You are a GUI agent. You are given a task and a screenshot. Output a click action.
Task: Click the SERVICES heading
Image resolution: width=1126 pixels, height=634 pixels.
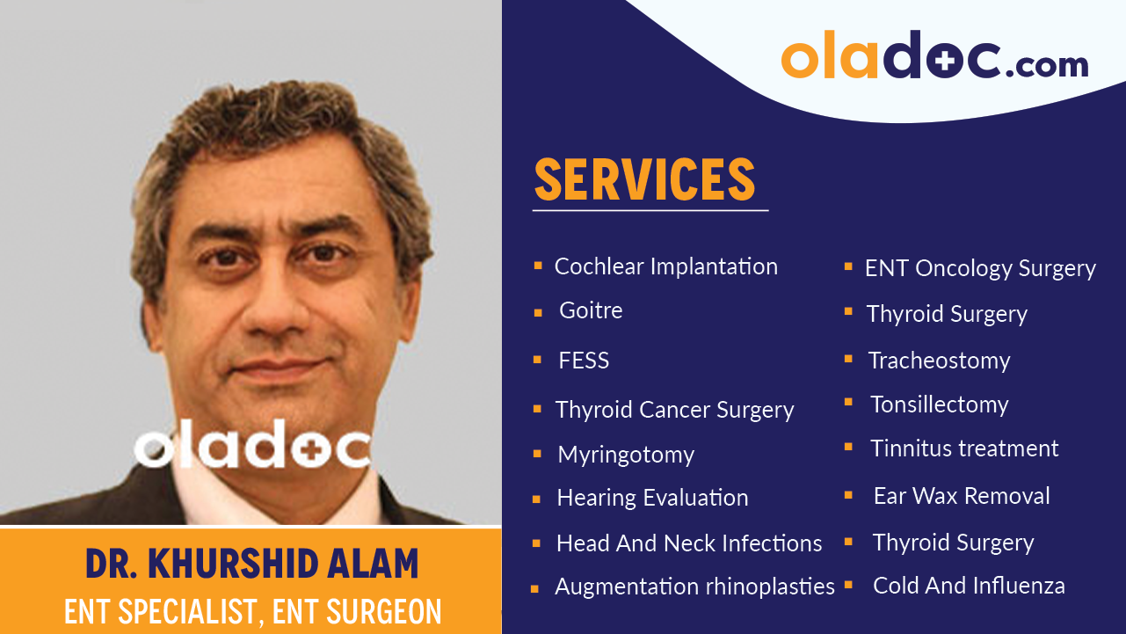[644, 179]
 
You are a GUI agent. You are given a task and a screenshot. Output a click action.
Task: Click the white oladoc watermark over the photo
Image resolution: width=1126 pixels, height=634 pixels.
[252, 446]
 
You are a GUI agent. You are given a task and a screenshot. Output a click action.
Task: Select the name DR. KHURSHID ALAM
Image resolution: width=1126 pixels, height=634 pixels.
[252, 564]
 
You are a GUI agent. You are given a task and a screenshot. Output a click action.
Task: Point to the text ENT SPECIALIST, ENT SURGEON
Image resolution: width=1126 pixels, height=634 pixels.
[252, 610]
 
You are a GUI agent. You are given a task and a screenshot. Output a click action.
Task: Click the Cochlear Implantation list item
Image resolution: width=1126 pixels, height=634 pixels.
[665, 266]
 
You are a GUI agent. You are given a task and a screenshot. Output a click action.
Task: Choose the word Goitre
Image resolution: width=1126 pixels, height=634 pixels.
[591, 310]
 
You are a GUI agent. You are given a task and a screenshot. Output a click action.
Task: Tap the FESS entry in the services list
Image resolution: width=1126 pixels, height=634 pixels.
[584, 361]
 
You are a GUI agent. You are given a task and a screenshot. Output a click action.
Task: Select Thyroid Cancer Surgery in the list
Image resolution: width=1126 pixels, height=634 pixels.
[674, 410]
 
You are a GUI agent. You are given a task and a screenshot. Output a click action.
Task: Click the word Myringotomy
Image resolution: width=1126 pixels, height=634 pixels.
[626, 455]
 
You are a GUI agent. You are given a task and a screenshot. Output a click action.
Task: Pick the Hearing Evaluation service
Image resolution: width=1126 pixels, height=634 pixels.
[652, 498]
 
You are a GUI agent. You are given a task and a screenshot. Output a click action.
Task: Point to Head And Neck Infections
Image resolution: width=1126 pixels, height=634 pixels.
[689, 543]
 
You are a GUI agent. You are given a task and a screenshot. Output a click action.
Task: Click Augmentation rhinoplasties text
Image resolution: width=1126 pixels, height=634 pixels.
[694, 587]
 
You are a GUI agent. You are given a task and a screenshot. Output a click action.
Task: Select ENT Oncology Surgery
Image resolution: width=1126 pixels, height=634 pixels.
[980, 268]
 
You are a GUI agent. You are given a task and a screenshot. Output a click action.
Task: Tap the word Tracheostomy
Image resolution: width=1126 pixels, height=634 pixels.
[939, 361]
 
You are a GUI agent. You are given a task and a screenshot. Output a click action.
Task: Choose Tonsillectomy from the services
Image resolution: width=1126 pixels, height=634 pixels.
[939, 404]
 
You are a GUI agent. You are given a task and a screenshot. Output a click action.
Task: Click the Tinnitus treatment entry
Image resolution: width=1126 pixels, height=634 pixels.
[964, 448]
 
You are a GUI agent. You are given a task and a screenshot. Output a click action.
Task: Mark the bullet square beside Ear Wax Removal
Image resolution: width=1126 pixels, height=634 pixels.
[848, 496]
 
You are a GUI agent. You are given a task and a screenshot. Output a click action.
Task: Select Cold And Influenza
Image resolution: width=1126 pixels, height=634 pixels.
[969, 586]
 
